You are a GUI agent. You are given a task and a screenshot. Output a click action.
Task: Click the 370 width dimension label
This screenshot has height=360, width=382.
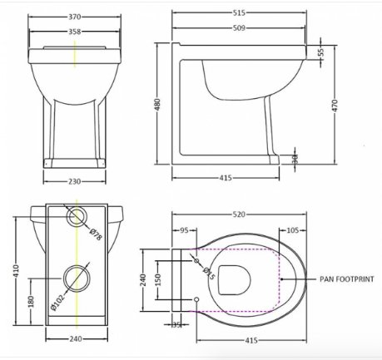click(75, 17)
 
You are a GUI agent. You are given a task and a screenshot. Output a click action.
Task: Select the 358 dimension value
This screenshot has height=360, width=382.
click(75, 32)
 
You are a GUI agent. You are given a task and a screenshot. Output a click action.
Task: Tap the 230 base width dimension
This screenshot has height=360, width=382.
click(74, 181)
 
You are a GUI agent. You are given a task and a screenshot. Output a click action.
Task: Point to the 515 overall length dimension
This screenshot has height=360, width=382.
click(239, 12)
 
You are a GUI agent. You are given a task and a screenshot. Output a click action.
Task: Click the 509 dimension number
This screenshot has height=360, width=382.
click(239, 28)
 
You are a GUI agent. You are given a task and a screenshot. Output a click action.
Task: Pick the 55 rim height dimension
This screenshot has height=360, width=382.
click(321, 52)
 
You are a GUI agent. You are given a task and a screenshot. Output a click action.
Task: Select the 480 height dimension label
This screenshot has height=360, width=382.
click(157, 105)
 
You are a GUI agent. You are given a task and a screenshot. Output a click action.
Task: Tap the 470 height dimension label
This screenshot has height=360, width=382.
click(335, 106)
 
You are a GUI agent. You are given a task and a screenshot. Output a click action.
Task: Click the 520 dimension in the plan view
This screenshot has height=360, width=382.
click(239, 215)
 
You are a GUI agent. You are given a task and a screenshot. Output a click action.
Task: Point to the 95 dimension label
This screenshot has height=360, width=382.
click(184, 230)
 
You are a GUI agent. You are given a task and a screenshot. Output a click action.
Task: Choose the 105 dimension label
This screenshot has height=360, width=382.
click(292, 230)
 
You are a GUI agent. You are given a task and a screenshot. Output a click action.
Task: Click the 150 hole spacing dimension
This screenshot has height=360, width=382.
click(157, 280)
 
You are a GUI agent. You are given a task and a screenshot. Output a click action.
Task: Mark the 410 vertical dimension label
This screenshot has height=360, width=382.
click(16, 271)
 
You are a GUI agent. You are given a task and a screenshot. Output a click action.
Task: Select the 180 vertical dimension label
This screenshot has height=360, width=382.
click(31, 302)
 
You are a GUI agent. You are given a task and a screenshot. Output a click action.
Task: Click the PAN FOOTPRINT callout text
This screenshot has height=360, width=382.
click(347, 279)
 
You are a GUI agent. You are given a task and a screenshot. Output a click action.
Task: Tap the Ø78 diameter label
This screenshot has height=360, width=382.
click(96, 234)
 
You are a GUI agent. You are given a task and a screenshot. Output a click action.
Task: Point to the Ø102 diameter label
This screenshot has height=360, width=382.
click(57, 302)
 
